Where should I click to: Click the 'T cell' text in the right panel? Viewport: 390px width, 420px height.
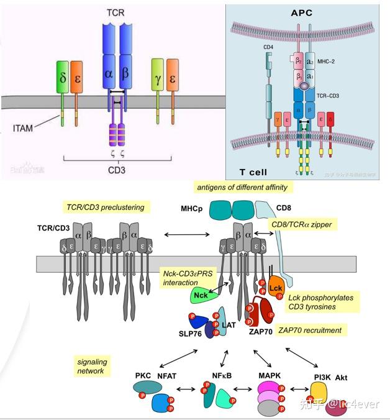(x=253, y=171)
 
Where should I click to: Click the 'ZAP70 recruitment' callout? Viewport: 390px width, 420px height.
(x=312, y=330)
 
